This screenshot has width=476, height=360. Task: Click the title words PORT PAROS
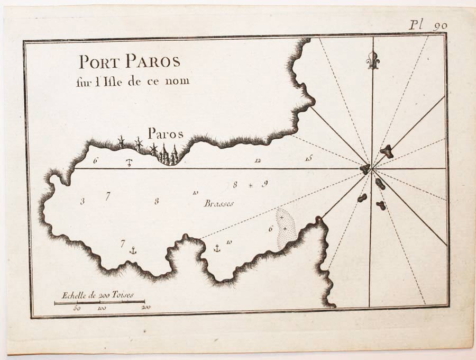coord(130,62)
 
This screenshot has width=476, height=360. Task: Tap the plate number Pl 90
coord(428,25)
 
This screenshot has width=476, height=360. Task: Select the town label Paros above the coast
coord(165,133)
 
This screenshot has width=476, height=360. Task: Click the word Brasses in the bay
coord(218,203)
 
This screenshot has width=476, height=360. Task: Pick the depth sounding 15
coord(309,158)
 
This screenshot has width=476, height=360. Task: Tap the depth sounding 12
coord(258,160)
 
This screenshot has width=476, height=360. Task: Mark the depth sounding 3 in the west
coord(82,201)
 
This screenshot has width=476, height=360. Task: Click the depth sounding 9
coord(264,184)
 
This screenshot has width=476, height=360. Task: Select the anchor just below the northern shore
coord(129,162)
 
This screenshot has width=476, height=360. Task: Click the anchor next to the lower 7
coord(133,249)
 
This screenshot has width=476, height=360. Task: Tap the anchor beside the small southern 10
coord(216,248)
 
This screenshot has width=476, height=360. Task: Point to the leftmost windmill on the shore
coord(121,142)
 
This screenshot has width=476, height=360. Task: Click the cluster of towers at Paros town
coord(168,155)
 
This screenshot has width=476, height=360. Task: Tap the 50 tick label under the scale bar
coord(77,308)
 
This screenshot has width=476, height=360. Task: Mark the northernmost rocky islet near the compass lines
coord(387,151)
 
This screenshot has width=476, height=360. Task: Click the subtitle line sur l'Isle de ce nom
coord(132,81)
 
